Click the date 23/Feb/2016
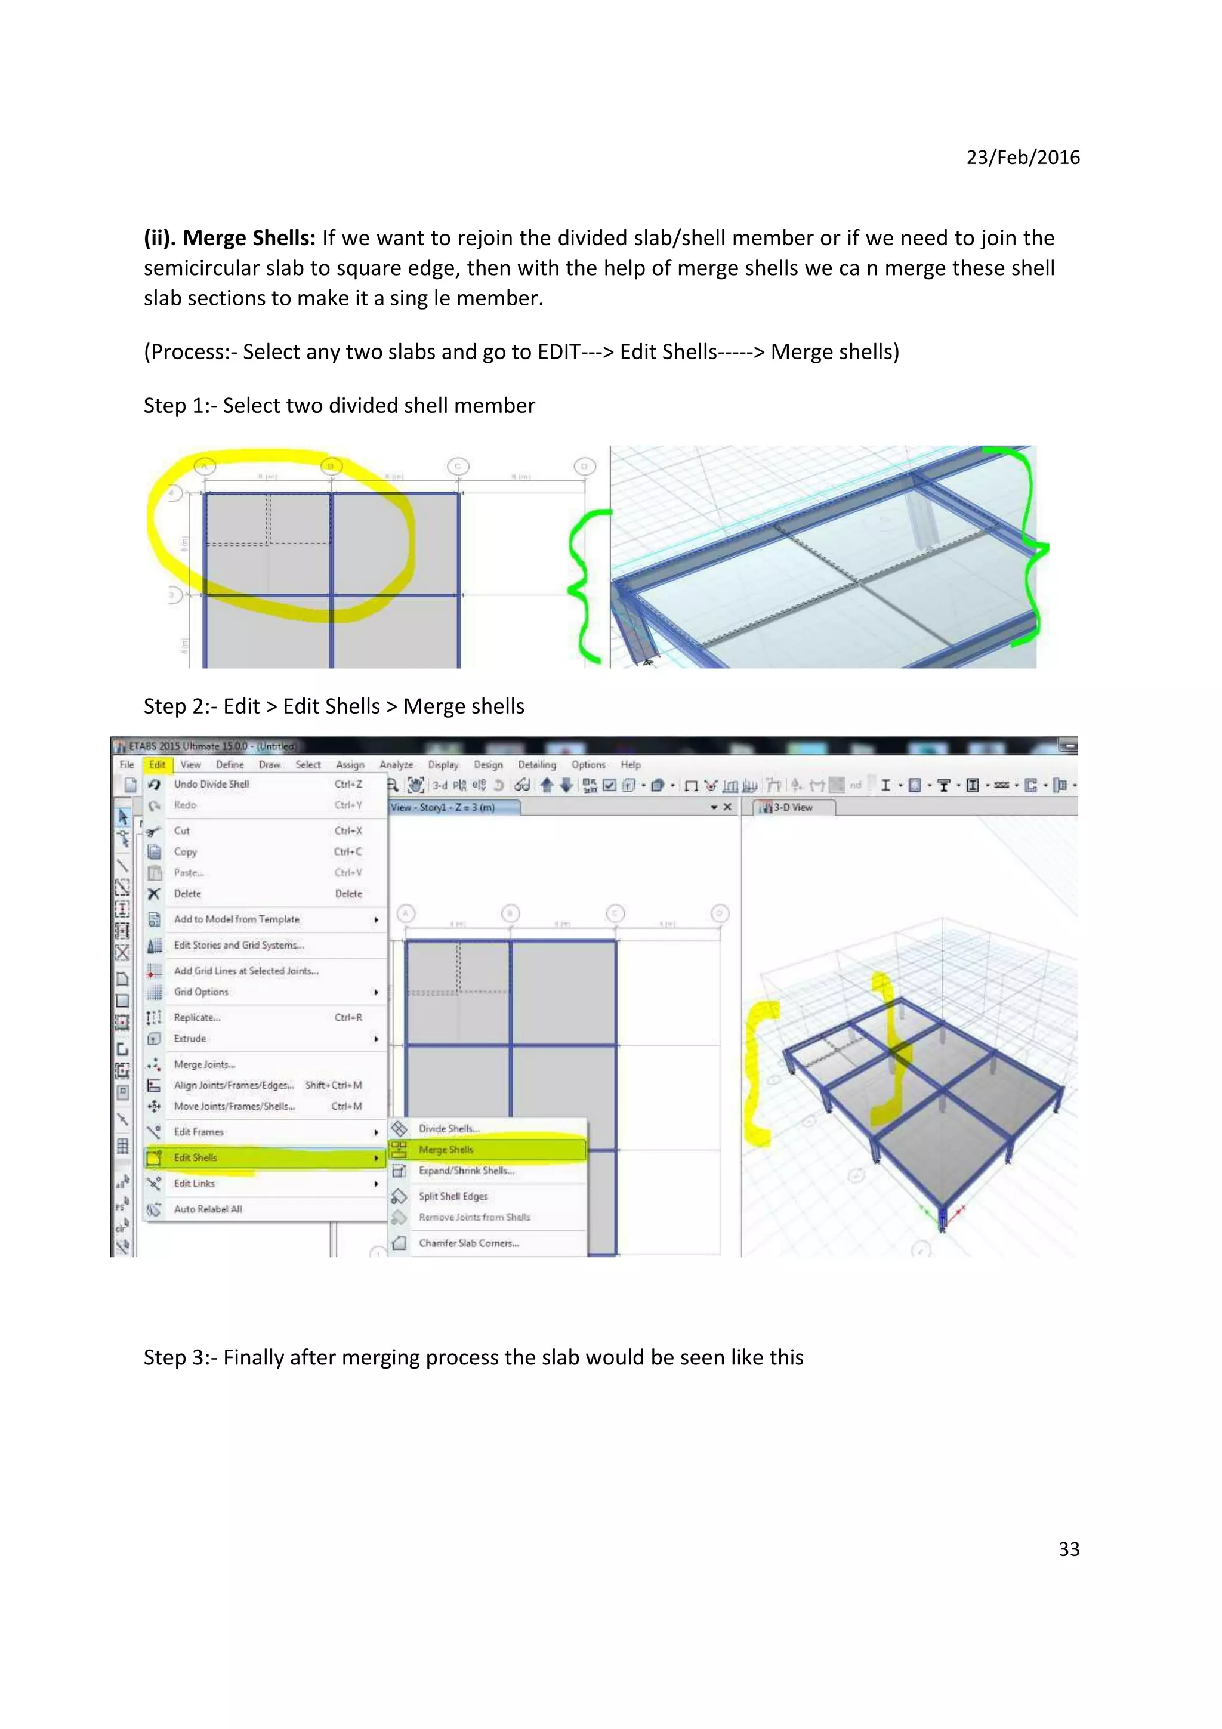click(1023, 158)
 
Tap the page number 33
click(1069, 1549)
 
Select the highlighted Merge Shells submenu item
click(446, 1150)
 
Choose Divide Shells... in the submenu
click(449, 1129)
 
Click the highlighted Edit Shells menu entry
click(196, 1157)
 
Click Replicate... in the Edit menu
click(198, 1017)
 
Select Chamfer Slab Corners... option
click(468, 1243)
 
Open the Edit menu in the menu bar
click(156, 764)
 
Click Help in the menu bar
click(630, 764)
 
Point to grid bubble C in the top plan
click(458, 467)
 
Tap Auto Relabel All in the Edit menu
click(208, 1209)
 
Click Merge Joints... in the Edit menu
click(204, 1064)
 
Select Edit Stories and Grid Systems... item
click(239, 945)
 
